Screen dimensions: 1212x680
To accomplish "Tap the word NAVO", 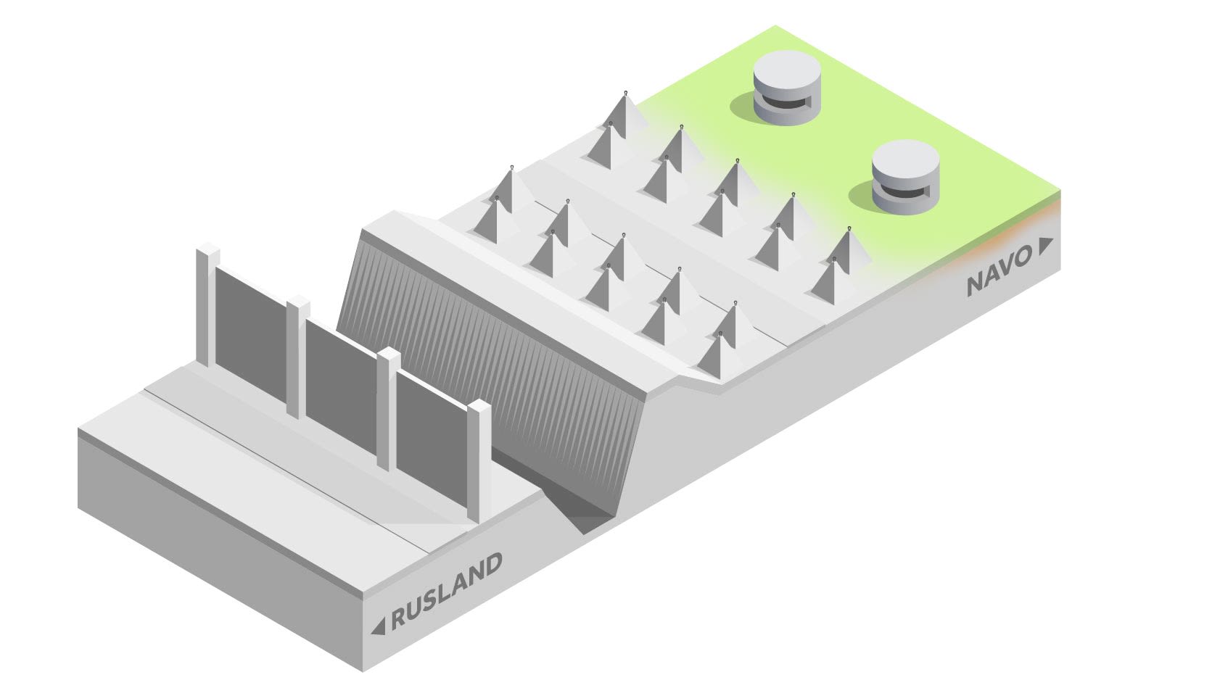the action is pyautogui.click(x=999, y=273).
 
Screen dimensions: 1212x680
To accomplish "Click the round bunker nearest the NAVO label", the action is pyautogui.click(x=905, y=177).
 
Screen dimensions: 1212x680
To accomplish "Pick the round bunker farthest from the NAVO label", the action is pyautogui.click(x=787, y=88).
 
